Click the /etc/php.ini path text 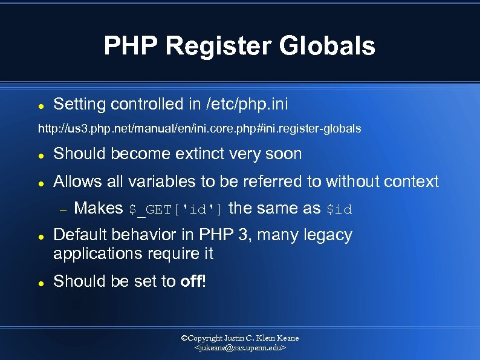coord(247,104)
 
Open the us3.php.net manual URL coord(199,128)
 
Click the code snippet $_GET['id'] coord(176,209)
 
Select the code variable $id coord(339,209)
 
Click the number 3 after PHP coord(243,235)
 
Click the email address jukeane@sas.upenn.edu coord(240,349)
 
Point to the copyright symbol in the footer coord(185,338)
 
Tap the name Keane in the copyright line coord(286,338)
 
